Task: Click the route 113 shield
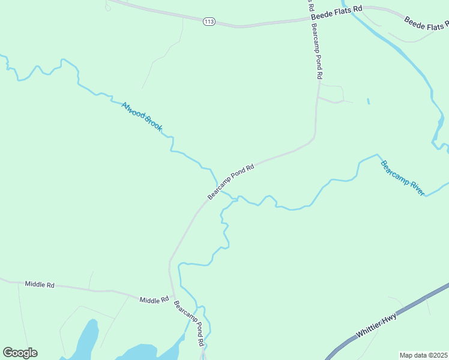coord(209,22)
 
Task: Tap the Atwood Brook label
coord(142,116)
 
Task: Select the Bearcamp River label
coord(402,177)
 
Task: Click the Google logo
coord(20,353)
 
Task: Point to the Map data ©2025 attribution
coord(423,355)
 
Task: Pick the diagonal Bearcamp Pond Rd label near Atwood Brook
coord(232,182)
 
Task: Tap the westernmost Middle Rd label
coord(40,284)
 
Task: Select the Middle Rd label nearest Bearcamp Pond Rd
coord(154,299)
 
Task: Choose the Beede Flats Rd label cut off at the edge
coord(426,23)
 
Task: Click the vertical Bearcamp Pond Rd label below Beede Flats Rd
coord(317,54)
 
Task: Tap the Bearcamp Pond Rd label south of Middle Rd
coord(189,323)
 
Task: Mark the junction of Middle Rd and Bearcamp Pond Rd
coord(173,297)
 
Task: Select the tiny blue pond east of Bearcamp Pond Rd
coord(368,101)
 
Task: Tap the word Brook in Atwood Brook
coord(152,123)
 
